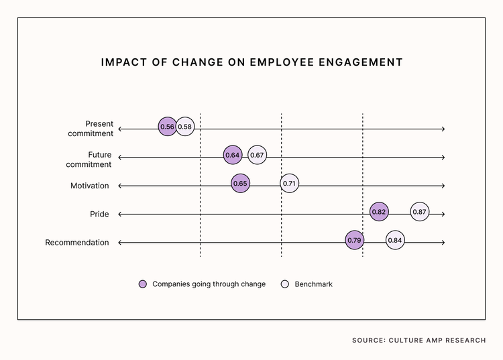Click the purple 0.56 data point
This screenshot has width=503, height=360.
point(167,127)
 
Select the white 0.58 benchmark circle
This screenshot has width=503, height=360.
point(185,127)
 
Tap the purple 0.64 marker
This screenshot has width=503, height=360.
point(232,156)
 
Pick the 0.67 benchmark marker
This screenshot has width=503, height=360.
point(257,156)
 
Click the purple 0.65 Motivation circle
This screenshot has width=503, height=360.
point(239,184)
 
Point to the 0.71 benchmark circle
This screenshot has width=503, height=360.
point(289,184)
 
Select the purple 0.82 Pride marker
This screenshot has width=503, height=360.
point(378,212)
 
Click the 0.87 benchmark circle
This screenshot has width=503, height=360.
point(420,212)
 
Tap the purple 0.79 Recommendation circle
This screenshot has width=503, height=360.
point(354,240)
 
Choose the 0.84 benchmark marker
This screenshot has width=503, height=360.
point(395,240)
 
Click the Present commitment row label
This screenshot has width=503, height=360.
point(91,128)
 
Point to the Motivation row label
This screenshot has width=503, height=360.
point(89,186)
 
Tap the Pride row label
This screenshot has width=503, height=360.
point(99,214)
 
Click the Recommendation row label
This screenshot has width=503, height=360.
point(76,243)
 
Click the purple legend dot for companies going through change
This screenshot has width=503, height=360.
point(142,284)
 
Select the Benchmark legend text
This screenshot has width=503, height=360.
point(313,284)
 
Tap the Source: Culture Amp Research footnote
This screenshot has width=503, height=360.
point(418,341)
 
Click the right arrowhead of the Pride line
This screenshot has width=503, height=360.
point(443,214)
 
